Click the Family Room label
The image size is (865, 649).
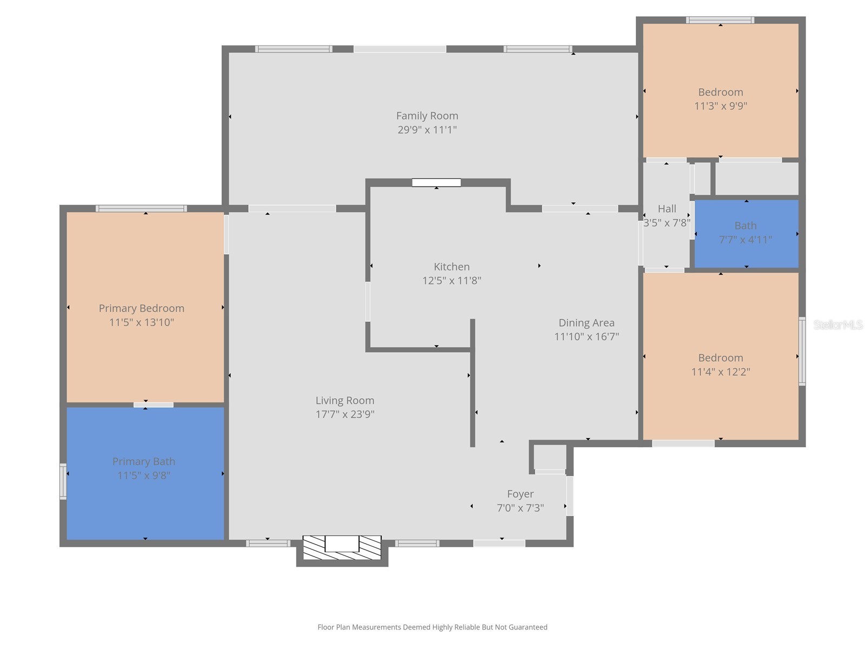[427, 116]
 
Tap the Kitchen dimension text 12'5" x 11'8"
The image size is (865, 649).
[451, 281]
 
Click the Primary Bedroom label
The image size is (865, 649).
[142, 308]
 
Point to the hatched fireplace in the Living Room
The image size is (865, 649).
[342, 547]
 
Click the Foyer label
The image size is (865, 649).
[520, 494]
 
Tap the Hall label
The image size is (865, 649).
[667, 209]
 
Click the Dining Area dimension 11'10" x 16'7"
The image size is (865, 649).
[586, 336]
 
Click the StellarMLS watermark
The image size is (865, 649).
[837, 325]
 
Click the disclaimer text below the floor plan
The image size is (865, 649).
[432, 627]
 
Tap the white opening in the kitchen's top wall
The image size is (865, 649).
[436, 183]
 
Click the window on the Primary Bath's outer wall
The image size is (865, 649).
[63, 481]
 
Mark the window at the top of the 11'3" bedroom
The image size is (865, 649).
[720, 21]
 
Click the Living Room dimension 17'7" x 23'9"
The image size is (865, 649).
[345, 414]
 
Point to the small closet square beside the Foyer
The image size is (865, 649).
[550, 458]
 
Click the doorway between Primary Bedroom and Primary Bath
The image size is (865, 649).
[154, 405]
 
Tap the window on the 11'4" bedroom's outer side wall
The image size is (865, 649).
[802, 352]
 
